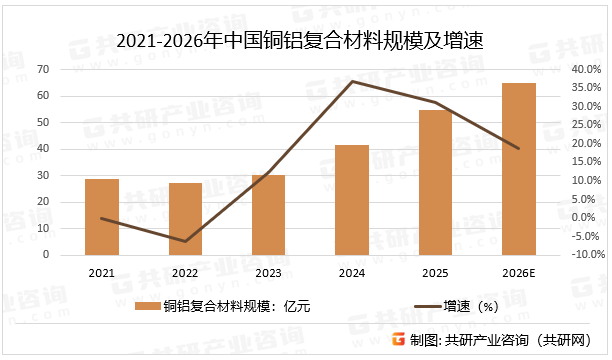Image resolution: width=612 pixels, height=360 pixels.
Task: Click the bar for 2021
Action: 101,217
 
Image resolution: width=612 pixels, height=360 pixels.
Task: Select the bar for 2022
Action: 185,219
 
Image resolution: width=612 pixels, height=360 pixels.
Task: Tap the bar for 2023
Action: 268,215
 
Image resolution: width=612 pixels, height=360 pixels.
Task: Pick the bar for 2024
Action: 352,200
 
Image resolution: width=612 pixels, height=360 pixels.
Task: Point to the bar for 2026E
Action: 518,169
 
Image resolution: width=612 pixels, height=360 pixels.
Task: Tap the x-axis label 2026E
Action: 518,271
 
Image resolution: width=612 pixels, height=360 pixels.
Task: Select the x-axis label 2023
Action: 268,271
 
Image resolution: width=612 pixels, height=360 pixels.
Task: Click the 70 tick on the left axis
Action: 44,69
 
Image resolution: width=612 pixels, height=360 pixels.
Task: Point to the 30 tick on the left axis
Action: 44,175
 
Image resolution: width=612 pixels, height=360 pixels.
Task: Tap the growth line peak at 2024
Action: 352,81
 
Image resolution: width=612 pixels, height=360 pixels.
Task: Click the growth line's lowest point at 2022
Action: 185,241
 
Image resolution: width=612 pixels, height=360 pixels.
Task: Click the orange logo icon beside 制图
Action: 398,340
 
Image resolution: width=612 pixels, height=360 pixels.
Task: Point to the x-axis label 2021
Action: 101,271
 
